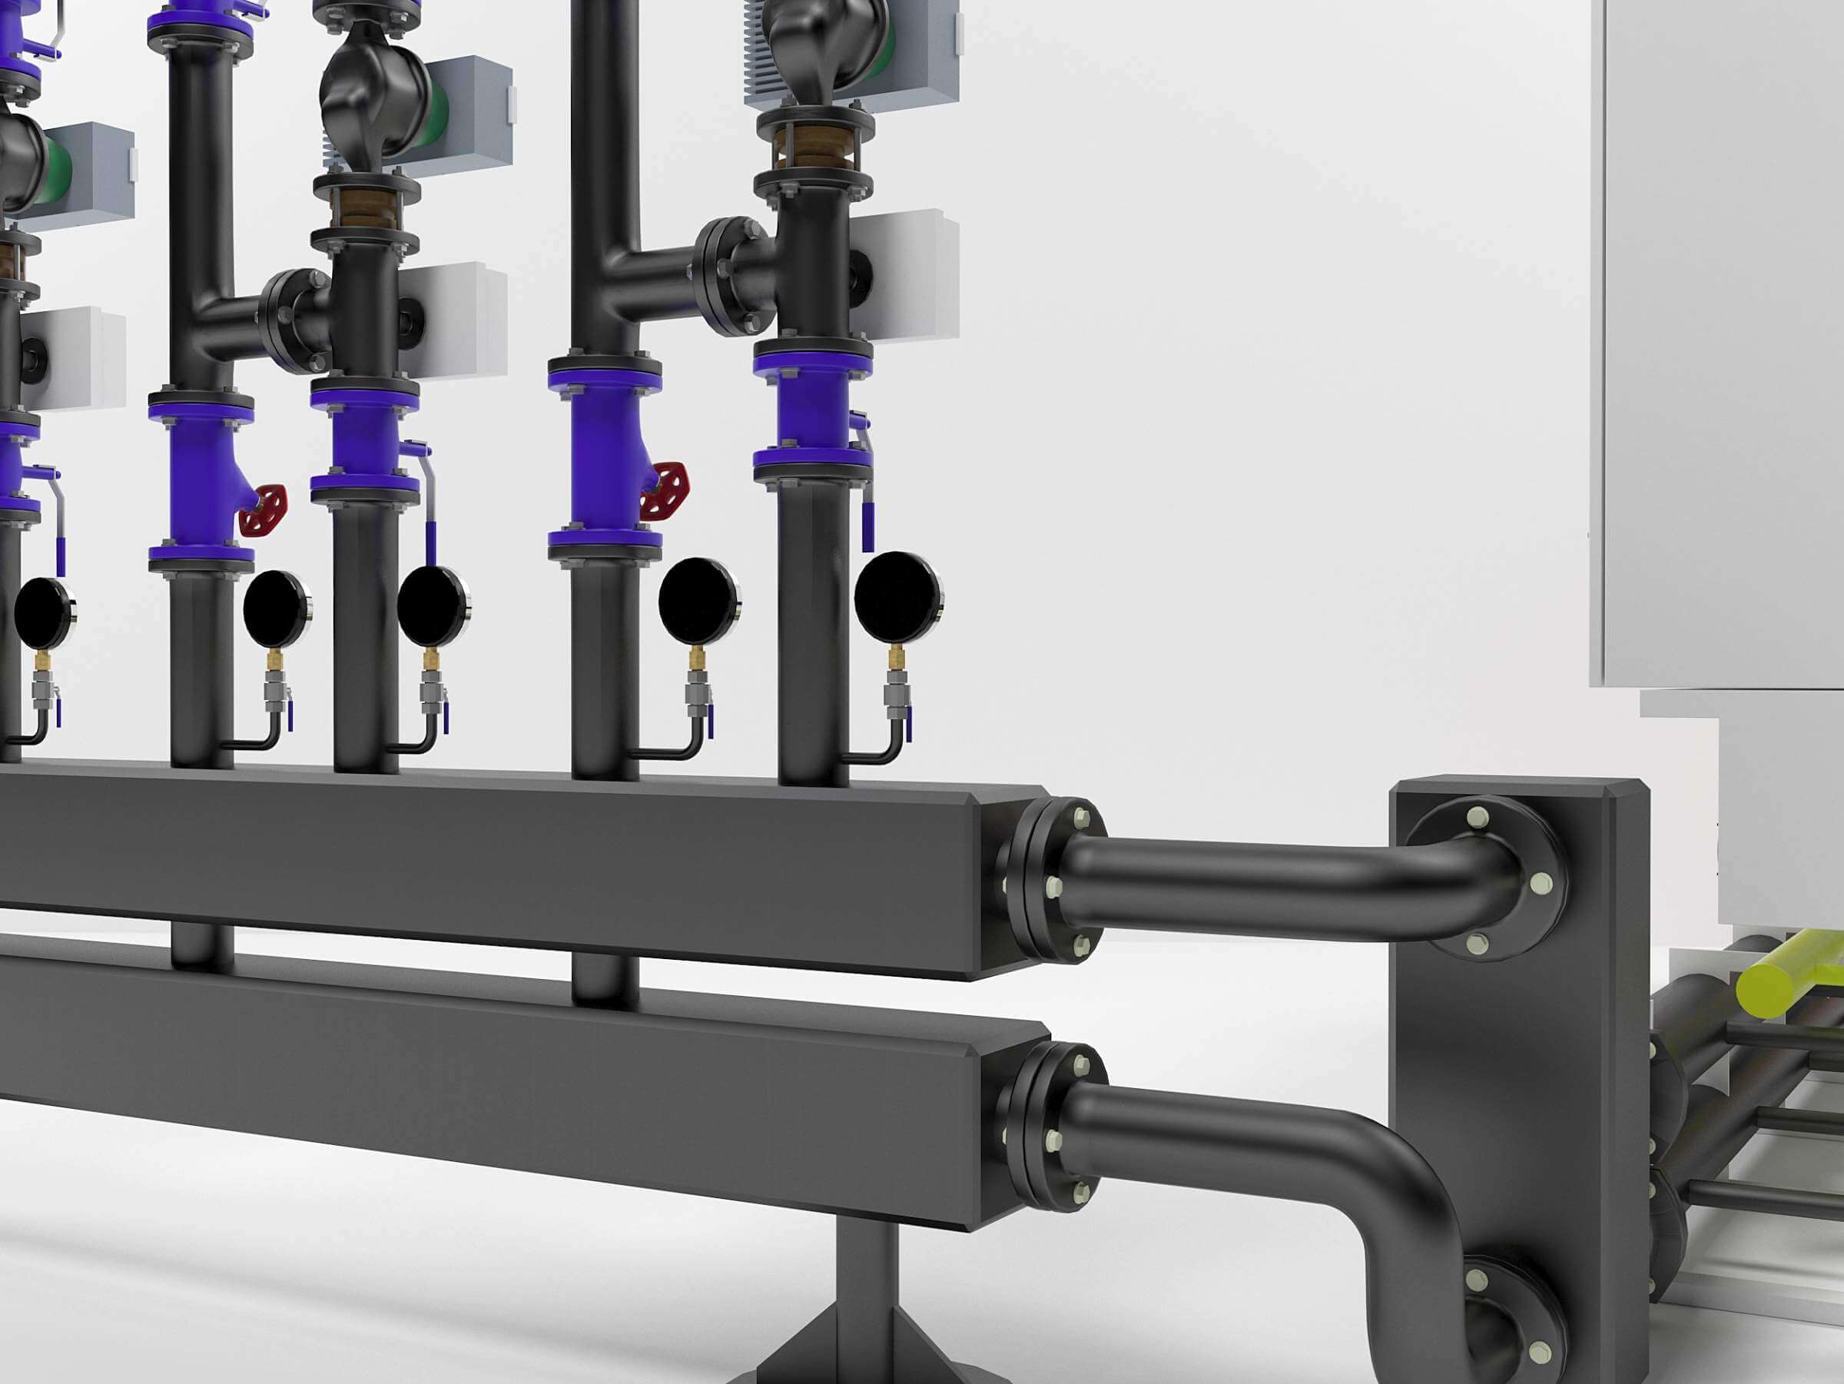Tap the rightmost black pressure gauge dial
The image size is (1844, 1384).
tap(898, 598)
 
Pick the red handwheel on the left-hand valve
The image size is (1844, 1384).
tap(264, 510)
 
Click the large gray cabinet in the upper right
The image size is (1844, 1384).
tap(1717, 334)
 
